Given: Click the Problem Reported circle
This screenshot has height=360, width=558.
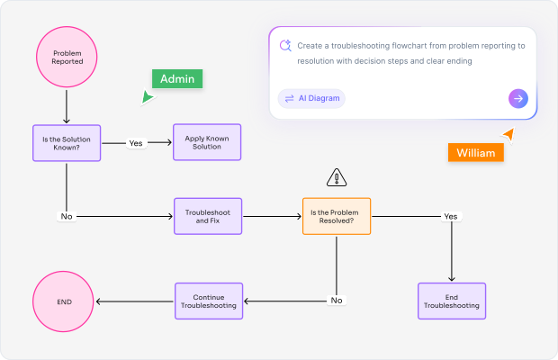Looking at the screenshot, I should point(67,58).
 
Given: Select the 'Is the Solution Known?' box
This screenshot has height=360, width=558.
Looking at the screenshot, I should point(67,142).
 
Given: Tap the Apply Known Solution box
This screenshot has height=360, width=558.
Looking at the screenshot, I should point(207,142).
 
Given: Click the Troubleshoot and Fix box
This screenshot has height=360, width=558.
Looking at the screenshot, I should point(207,216).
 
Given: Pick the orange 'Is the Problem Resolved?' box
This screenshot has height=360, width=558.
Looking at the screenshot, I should point(337,216).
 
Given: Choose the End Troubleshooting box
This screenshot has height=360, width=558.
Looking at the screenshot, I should point(451,301).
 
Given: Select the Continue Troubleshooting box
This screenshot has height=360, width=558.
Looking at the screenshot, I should point(207,301).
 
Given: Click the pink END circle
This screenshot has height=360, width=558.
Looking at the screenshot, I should point(64,301).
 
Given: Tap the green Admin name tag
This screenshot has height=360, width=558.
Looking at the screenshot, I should point(177,79).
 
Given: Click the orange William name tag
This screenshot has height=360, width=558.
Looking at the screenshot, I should point(475,152).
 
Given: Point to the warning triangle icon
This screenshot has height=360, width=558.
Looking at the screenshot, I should point(337,177).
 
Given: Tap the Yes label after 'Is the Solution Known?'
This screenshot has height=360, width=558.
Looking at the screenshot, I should point(136,143).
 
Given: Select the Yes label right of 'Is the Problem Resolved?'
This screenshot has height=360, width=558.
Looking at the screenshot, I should point(451,217).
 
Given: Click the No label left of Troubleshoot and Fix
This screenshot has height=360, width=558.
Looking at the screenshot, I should point(67,217).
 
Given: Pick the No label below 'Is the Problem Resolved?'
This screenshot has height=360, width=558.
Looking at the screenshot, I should point(337,301).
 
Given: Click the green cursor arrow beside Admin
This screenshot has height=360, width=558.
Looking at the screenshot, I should point(147,96).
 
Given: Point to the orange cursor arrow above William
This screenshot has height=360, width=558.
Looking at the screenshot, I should point(508,134).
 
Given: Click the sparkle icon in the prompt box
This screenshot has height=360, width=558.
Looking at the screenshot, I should point(285,46).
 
